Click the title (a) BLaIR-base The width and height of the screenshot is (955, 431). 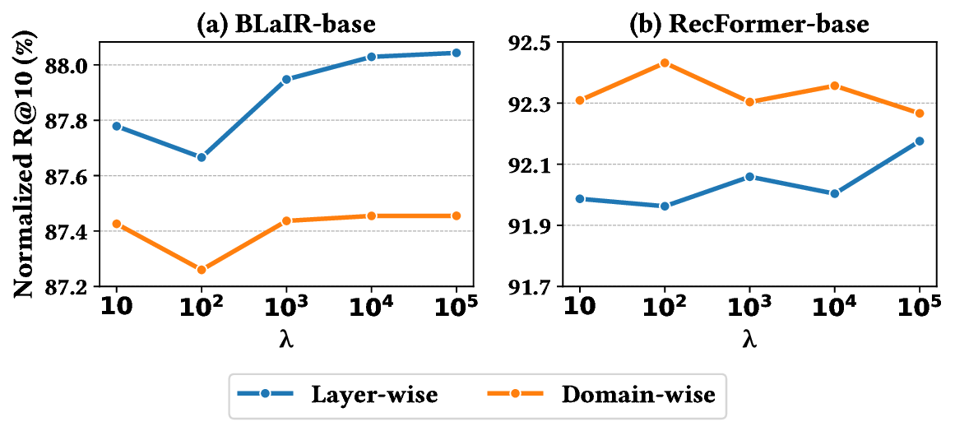(x=285, y=24)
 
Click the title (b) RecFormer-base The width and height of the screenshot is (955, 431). (x=749, y=24)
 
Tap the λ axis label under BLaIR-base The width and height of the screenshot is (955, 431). (x=285, y=338)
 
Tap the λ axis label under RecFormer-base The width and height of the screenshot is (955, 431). (x=749, y=338)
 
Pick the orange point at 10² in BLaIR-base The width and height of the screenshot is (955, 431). (x=201, y=270)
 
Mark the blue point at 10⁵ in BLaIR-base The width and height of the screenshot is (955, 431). (x=457, y=53)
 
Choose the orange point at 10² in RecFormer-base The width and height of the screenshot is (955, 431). (x=664, y=63)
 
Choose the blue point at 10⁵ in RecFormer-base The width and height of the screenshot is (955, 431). (x=920, y=141)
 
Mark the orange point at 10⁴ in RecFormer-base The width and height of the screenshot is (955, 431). (x=834, y=86)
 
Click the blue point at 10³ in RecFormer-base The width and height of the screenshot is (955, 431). (x=749, y=176)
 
